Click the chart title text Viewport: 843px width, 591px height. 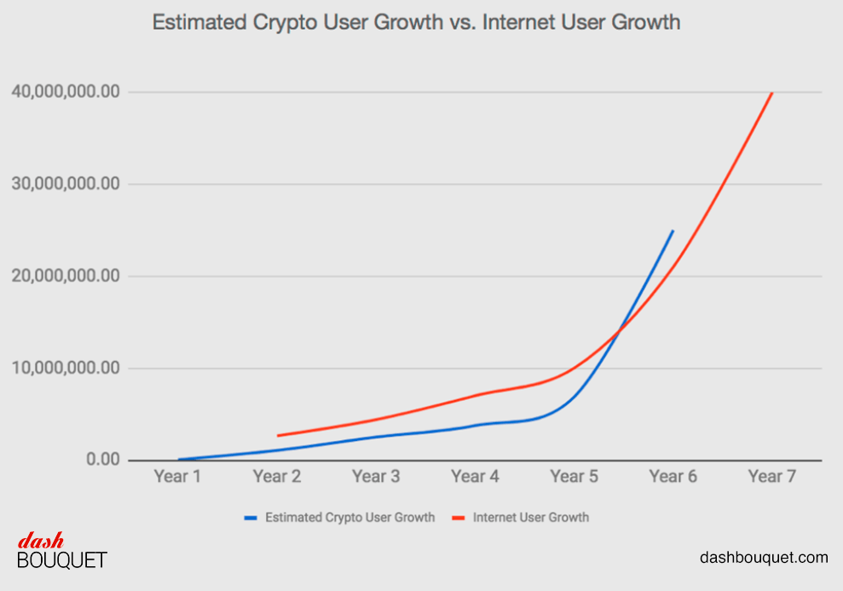(x=416, y=22)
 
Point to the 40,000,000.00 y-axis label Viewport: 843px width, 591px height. (x=65, y=92)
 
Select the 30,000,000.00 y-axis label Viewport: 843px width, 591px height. (x=65, y=184)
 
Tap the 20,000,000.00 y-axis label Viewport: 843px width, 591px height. (x=65, y=276)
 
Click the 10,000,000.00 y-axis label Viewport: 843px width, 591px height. (x=65, y=368)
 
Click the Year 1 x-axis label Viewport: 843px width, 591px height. (x=177, y=477)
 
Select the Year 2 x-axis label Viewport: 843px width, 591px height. (x=276, y=477)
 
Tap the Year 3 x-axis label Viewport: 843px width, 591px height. (x=376, y=477)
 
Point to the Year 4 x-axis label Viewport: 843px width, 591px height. (x=475, y=477)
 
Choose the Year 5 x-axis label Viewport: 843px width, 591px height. (x=574, y=477)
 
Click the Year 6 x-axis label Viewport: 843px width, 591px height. (x=673, y=477)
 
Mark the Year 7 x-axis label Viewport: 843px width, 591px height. (x=771, y=477)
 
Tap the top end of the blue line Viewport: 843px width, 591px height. (x=673, y=231)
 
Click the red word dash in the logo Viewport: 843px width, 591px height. (x=41, y=541)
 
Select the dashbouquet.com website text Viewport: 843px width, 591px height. (x=764, y=558)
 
